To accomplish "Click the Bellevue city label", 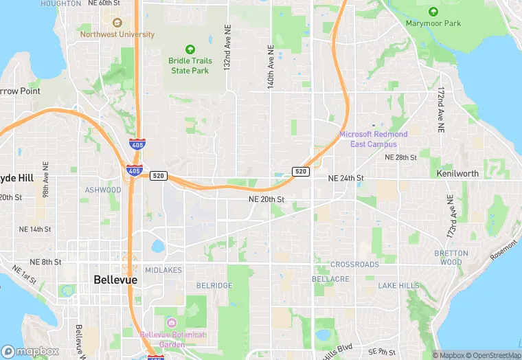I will [x=115, y=280].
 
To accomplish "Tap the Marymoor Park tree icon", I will [x=433, y=12].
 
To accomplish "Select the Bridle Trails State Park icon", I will [x=190, y=49].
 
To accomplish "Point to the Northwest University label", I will [x=117, y=34].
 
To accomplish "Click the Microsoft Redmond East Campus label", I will [x=373, y=139].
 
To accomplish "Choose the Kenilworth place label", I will [x=457, y=174].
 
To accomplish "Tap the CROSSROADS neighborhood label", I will [x=354, y=265].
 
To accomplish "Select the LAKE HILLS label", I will [x=398, y=285].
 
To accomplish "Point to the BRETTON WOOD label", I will [x=451, y=257].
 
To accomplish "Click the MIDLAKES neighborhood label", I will [x=163, y=271].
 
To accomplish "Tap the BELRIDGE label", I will [x=214, y=285].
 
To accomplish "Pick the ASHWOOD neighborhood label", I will [x=103, y=190].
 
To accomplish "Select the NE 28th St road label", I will [x=400, y=157].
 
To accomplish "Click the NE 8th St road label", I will [x=46, y=262].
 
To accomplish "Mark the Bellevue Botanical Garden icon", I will [x=170, y=322].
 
